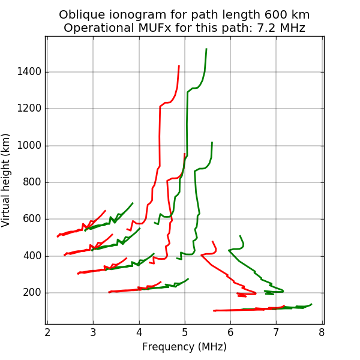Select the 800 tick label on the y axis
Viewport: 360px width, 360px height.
pos(34,182)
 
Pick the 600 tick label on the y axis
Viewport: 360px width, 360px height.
pos(34,219)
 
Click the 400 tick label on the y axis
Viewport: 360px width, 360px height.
pos(34,256)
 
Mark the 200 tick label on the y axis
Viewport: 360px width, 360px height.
pos(34,293)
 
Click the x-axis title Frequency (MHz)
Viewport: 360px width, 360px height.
pos(184,347)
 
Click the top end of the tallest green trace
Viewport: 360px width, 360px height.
pos(206,49)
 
